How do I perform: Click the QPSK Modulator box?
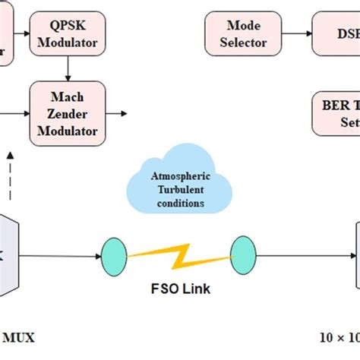[68, 33]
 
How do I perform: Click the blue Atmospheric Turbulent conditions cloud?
[180, 188]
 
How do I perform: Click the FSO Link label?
[179, 289]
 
